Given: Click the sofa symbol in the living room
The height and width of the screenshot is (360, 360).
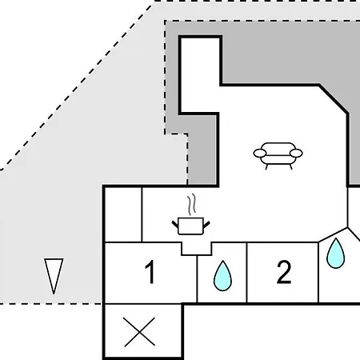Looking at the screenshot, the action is click(x=278, y=155).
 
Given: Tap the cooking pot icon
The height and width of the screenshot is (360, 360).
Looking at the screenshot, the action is click(x=190, y=226).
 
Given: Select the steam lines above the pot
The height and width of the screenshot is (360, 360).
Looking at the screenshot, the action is click(x=191, y=205).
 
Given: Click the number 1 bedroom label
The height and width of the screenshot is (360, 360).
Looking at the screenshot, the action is click(x=150, y=272).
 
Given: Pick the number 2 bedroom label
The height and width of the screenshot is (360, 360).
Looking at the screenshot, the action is click(x=284, y=272).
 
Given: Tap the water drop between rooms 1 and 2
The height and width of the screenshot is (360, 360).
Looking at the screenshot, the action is click(x=222, y=276).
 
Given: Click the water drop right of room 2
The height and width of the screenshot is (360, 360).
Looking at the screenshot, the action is click(x=335, y=254).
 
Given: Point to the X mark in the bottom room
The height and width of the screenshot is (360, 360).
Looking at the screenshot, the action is click(x=139, y=332).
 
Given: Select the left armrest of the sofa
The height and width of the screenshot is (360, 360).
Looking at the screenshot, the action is click(x=260, y=154).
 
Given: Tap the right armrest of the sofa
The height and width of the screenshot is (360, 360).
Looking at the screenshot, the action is click(x=296, y=154).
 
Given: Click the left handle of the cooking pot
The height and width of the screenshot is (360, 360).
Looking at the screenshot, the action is click(x=175, y=224).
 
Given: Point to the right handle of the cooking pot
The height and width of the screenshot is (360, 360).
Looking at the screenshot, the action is click(x=206, y=224).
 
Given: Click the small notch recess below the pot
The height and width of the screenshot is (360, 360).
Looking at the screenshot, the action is click(x=197, y=249).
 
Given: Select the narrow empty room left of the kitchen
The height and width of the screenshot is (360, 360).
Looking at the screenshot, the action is click(x=123, y=214).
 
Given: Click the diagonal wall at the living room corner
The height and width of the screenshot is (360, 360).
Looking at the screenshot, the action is click(x=334, y=99).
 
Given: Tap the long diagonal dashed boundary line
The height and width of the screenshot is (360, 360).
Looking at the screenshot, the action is click(x=76, y=87).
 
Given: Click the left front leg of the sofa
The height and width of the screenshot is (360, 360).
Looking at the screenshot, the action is click(x=266, y=166).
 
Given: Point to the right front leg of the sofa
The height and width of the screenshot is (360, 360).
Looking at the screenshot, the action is click(x=291, y=166).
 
